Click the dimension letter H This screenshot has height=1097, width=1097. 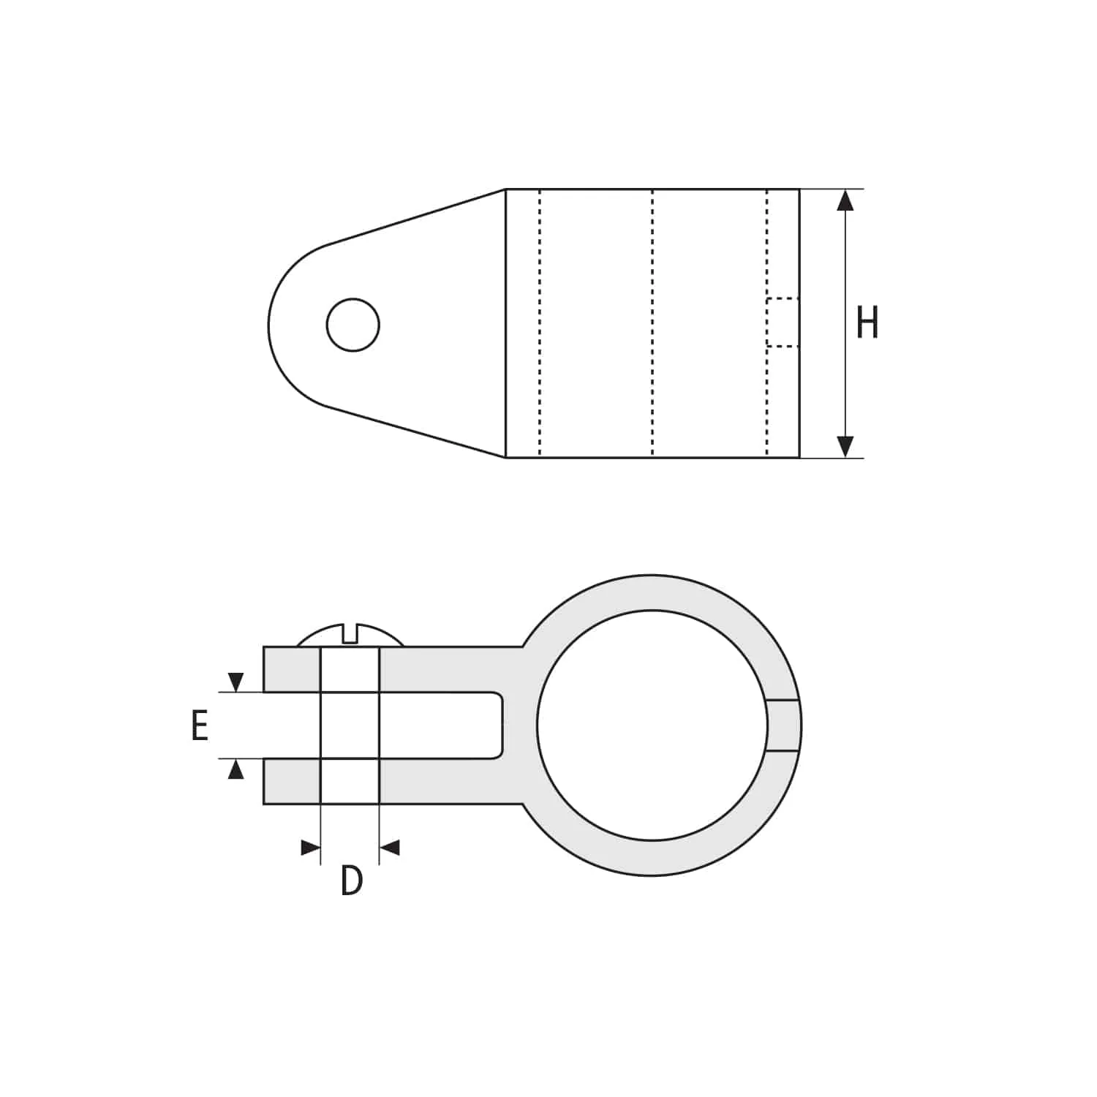867,323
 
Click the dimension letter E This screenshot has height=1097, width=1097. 200,726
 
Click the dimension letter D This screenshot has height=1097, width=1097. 352,881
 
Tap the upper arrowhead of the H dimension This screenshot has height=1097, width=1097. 845,200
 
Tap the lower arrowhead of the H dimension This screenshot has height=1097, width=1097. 845,446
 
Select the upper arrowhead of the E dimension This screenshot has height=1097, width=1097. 235,682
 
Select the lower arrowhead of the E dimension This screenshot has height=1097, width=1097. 235,769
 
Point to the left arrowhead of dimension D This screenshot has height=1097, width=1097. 310,848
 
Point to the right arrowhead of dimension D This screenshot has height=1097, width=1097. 391,848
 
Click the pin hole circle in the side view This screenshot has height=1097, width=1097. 353,325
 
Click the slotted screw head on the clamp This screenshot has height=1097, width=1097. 350,636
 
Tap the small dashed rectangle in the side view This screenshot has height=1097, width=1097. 783,322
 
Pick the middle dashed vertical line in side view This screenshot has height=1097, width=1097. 652,323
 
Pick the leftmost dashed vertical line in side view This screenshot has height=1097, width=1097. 540,323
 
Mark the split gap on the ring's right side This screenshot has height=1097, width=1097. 784,725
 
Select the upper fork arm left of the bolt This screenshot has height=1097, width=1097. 292,669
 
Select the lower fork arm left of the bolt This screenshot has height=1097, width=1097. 292,781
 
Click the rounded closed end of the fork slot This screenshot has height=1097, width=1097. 499,725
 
